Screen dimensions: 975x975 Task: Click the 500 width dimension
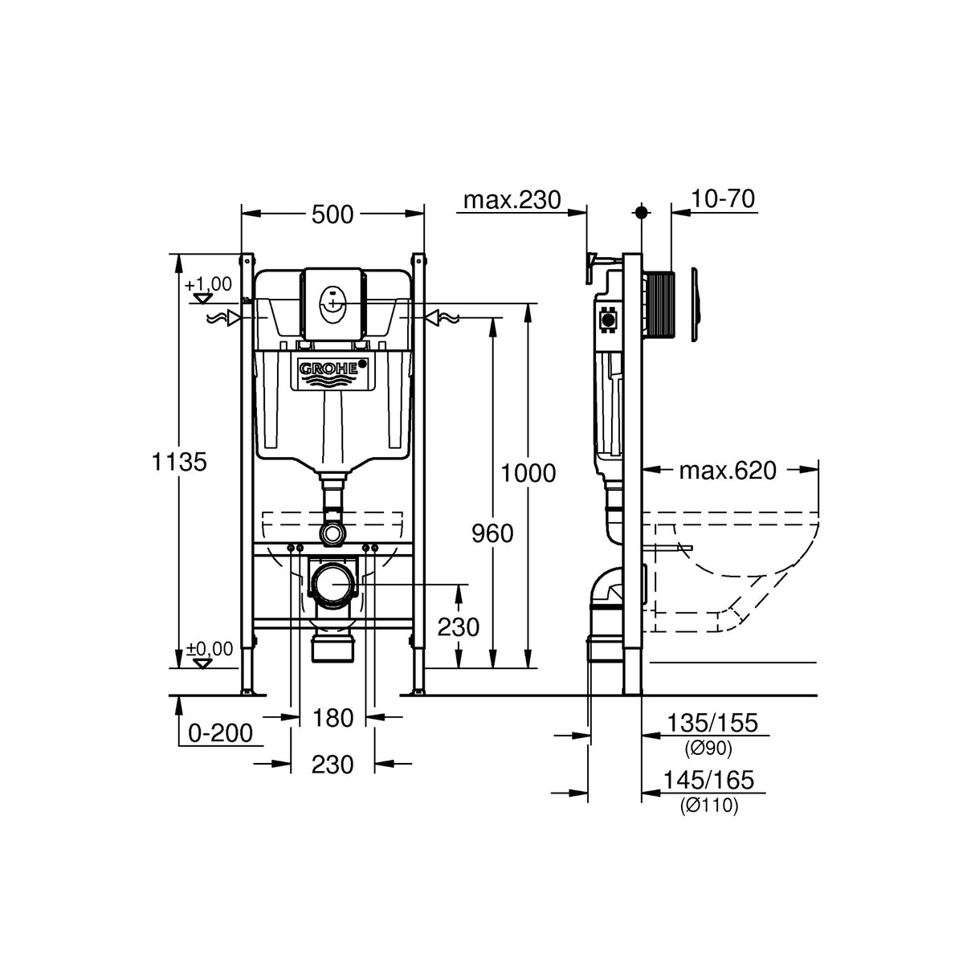332,214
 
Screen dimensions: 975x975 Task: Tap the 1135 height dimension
180,462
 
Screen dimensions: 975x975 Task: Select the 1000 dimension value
528,473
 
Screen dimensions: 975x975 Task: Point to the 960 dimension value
492,533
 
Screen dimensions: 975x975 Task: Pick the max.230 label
512,200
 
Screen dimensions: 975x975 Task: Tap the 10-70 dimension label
723,199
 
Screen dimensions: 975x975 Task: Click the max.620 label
728,471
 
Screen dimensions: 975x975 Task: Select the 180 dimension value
332,717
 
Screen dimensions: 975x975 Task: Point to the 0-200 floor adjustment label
221,732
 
